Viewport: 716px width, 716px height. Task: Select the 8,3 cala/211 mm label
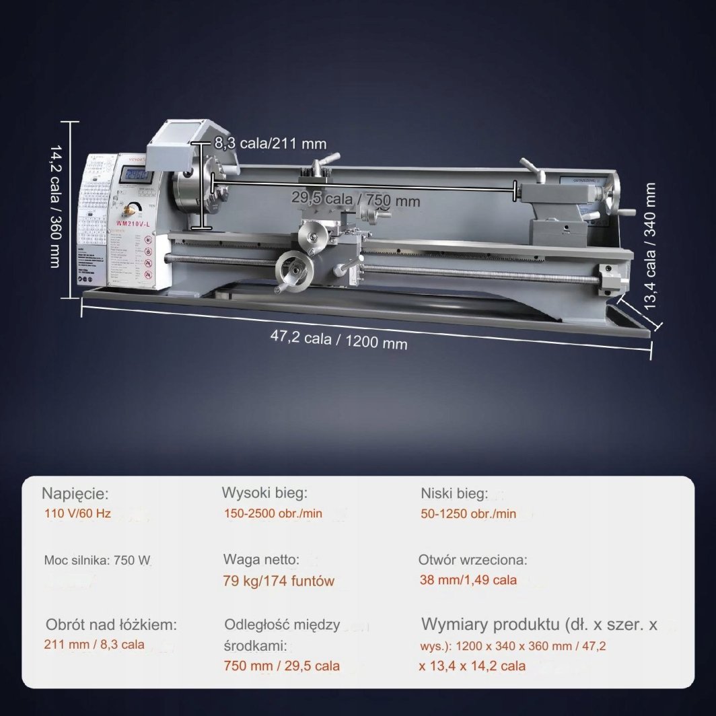tap(270, 143)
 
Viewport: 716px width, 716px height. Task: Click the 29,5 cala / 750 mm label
tap(355, 200)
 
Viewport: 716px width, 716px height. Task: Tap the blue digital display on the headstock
tap(137, 176)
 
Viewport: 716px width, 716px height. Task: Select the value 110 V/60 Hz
tap(76, 514)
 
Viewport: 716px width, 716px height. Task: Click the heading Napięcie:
tap(74, 494)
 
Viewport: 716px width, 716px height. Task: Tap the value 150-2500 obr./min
tap(273, 513)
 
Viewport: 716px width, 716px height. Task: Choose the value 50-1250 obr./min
tap(468, 514)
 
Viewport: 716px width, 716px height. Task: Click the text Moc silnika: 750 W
tap(94, 560)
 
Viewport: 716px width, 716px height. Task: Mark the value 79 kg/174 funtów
tap(279, 581)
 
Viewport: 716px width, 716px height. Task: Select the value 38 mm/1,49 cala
tap(468, 579)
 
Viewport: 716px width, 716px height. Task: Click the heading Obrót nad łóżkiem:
tap(111, 624)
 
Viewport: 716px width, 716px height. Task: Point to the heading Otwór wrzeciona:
tap(472, 559)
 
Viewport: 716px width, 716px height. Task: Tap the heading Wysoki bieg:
tap(264, 493)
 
